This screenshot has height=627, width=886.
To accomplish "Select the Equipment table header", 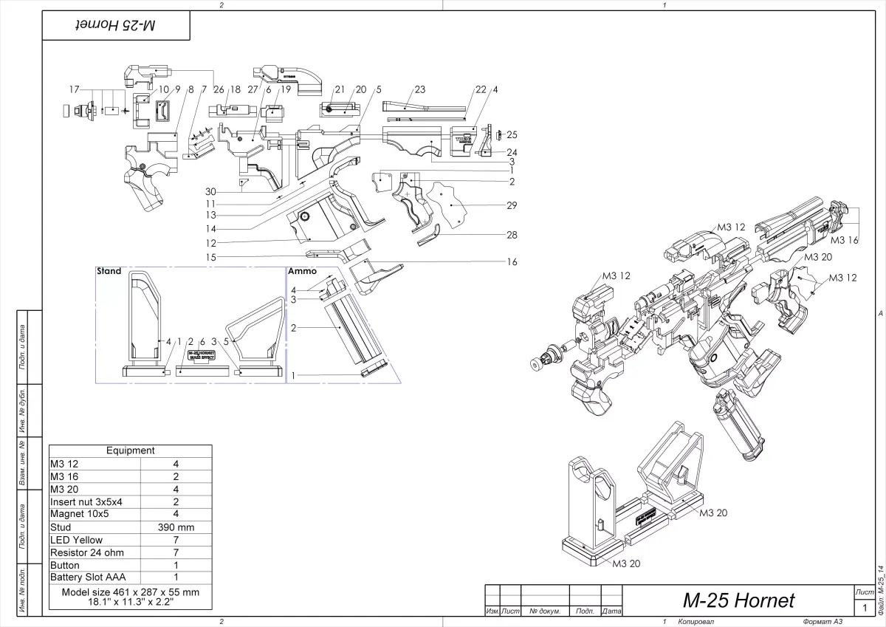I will click(x=130, y=450).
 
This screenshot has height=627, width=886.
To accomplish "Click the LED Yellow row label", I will click(x=76, y=540).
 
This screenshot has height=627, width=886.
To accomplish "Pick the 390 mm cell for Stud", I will click(x=176, y=527).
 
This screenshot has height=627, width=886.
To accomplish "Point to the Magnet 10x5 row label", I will click(x=79, y=514).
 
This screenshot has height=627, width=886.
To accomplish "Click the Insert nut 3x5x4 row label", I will click(x=86, y=501).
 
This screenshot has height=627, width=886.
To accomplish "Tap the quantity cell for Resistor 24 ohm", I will click(x=176, y=552).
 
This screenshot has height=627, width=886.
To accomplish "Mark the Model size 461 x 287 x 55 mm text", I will click(x=130, y=592).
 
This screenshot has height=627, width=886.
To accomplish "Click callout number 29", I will click(x=512, y=205).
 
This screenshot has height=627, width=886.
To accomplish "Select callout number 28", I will click(x=512, y=236).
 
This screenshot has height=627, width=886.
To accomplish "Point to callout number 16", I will click(x=512, y=262).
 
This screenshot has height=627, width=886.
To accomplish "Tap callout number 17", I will click(x=74, y=89).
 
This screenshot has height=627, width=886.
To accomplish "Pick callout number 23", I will click(x=420, y=89).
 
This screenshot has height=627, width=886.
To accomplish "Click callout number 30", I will click(x=211, y=191).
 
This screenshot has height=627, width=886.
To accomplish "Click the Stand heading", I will click(x=109, y=272).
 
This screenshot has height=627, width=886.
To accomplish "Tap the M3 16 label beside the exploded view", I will click(x=844, y=240).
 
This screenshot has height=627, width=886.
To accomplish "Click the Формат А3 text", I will click(x=812, y=622).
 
